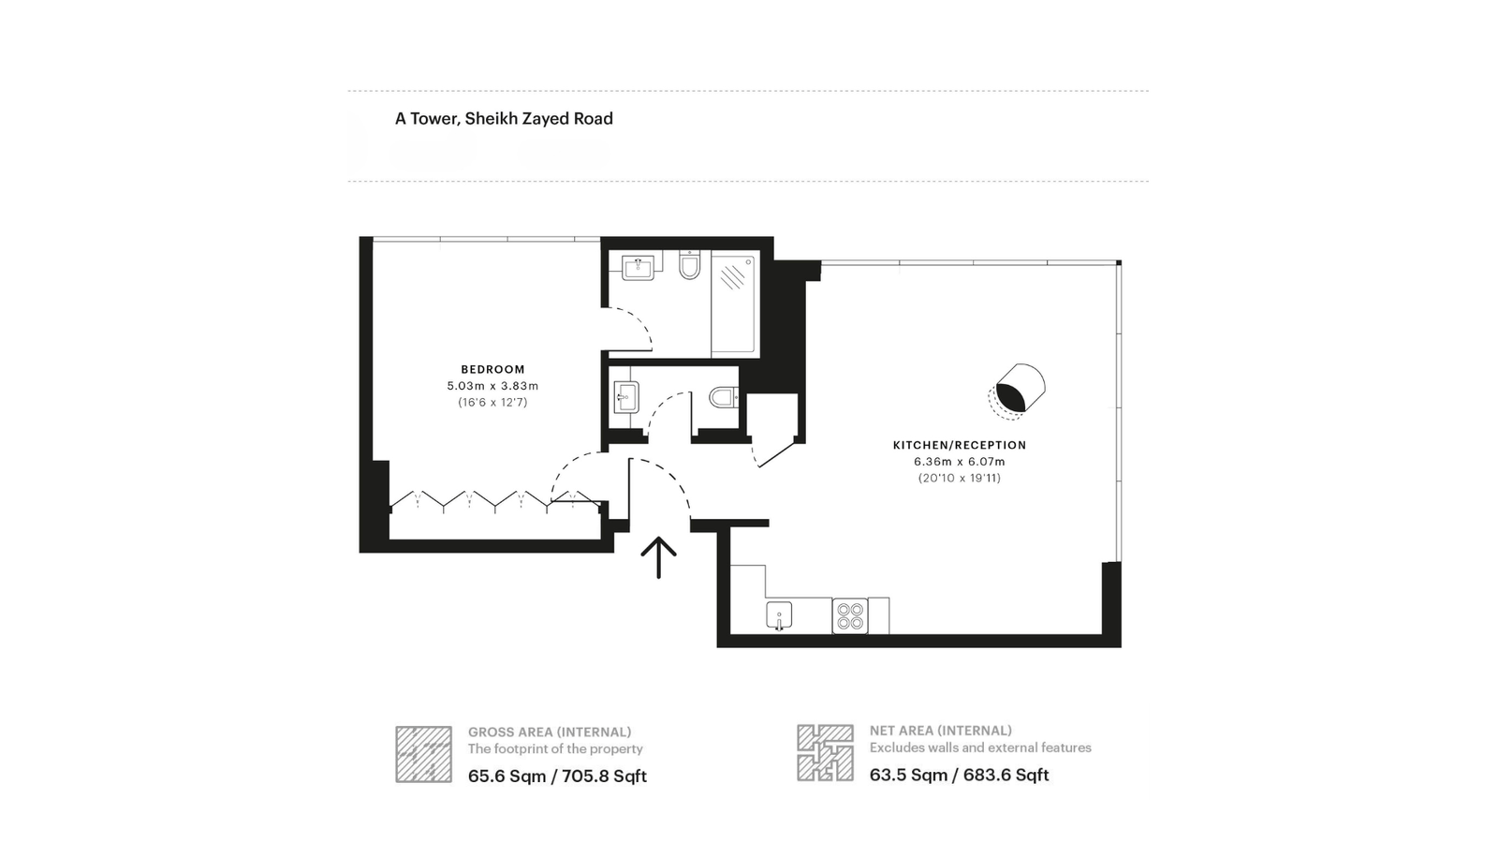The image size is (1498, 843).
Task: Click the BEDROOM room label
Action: (x=492, y=369)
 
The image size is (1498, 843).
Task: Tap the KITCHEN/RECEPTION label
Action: (x=960, y=445)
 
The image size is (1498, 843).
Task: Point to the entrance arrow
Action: (x=658, y=557)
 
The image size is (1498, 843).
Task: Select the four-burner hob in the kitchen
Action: (x=850, y=615)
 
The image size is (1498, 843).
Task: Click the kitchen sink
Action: (x=779, y=616)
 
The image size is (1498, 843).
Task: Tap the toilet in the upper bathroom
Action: (x=689, y=267)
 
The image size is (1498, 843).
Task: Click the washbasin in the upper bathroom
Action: (x=639, y=268)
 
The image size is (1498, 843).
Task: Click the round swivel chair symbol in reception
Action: (x=1019, y=386)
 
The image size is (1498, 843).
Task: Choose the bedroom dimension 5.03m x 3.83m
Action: (x=492, y=386)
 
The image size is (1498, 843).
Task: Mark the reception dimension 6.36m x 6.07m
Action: (x=960, y=462)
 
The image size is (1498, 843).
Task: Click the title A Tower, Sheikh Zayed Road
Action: (x=504, y=119)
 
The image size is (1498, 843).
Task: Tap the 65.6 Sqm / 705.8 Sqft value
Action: (x=557, y=776)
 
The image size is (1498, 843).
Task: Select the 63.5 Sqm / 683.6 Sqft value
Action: (x=959, y=775)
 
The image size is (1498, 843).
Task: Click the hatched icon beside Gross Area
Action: (x=423, y=754)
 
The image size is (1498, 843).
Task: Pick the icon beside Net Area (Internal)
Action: (x=825, y=752)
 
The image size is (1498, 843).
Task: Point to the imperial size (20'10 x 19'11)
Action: (x=960, y=478)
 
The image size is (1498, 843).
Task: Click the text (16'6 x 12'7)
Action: (x=492, y=402)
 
